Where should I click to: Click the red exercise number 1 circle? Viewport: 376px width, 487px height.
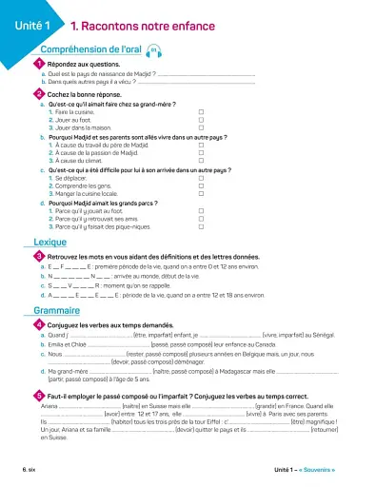38,64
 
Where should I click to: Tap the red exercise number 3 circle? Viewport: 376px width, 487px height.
38,256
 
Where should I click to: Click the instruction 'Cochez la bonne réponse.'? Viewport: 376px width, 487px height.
84,94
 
